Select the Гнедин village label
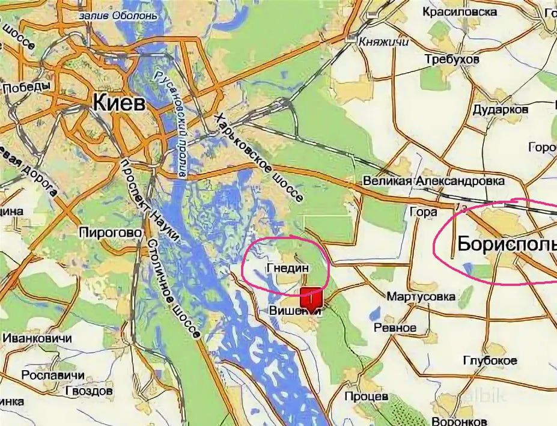[286, 267]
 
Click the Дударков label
[500, 109]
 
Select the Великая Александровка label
[433, 181]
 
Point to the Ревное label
[395, 327]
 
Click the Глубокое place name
[490, 360]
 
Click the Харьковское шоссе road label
[259, 157]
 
